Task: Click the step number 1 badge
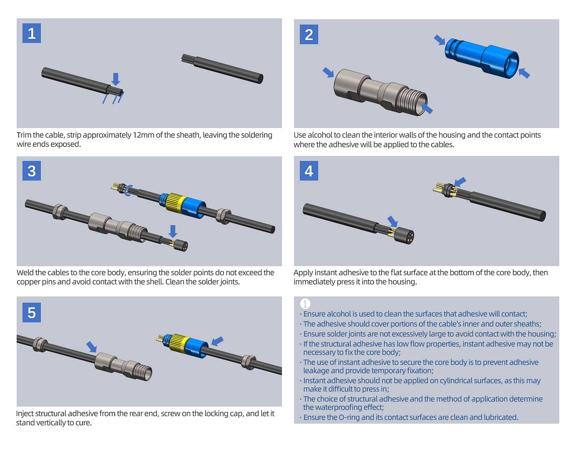[x=32, y=33]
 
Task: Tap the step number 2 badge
[x=309, y=35]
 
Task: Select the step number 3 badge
[x=32, y=171]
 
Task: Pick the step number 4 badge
[x=309, y=171]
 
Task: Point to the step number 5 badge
[x=32, y=313]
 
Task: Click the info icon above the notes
[x=305, y=304]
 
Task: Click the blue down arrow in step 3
[x=173, y=231]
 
